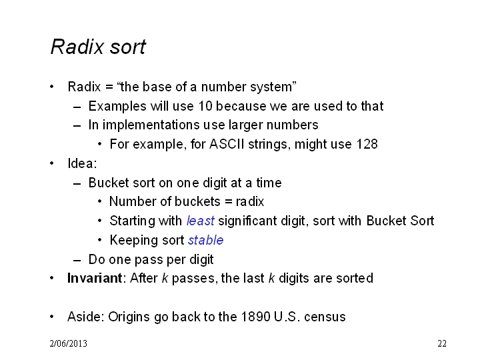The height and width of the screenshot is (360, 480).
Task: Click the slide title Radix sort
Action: pos(98,47)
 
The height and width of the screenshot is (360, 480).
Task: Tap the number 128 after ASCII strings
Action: pos(367,144)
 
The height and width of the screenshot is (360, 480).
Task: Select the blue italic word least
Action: pos(201,221)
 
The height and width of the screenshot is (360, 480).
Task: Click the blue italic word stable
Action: pos(206,240)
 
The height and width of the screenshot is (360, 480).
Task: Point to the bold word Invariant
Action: pos(95,278)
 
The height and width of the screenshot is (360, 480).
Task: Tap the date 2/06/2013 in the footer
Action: pos(68,343)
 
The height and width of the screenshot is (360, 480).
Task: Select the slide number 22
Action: pos(442,343)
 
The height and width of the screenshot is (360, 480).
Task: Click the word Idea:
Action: pos(82,163)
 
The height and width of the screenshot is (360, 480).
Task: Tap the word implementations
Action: pos(151,125)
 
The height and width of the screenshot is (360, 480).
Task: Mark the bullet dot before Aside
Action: pos(52,317)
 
